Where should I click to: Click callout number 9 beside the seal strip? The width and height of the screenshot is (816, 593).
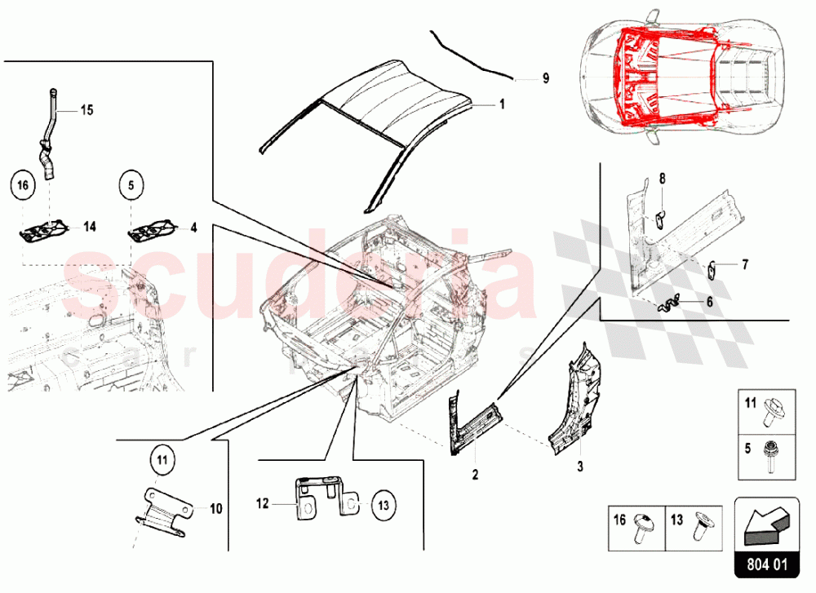click(x=546, y=79)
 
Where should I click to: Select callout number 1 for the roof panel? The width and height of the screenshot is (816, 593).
click(x=503, y=104)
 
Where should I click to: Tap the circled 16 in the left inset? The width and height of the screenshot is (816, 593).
click(x=24, y=186)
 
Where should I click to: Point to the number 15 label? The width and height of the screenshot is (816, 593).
click(x=87, y=109)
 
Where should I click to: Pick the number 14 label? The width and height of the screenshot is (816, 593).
click(x=87, y=228)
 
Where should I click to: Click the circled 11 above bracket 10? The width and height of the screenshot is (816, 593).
click(x=162, y=462)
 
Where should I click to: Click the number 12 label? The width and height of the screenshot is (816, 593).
click(x=262, y=504)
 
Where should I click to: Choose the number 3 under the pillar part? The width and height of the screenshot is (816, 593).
click(x=580, y=467)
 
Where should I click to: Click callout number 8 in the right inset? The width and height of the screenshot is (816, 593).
click(x=663, y=178)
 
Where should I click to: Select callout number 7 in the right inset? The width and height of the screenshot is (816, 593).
click(x=744, y=264)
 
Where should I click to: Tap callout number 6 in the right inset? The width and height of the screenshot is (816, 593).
click(x=709, y=301)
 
